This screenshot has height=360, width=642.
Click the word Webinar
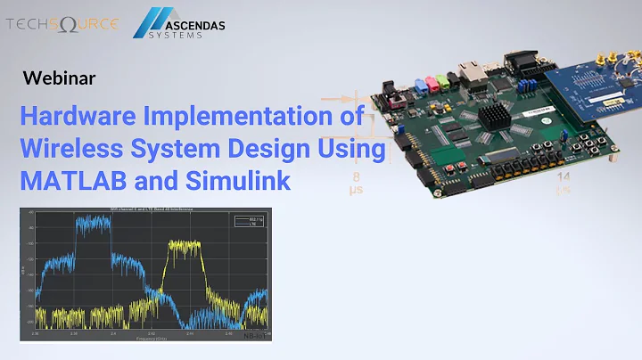[x=59, y=78]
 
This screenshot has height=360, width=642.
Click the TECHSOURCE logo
[x=62, y=24]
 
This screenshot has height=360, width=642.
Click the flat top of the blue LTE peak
[x=94, y=222]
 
